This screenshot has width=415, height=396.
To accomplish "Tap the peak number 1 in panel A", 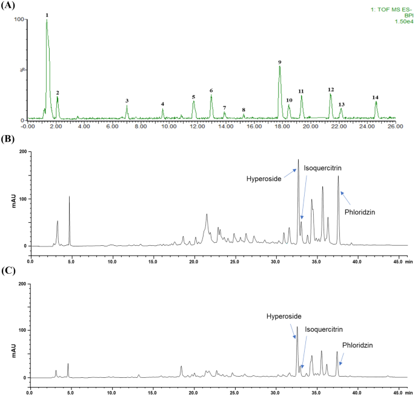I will tap(47, 15).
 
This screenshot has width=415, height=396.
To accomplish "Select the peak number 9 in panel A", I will tap(279, 62).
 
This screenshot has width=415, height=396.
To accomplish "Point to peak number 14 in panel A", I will tap(375, 97).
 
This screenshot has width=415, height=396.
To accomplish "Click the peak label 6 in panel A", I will tap(211, 91).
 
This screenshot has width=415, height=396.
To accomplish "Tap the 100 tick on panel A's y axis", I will tap(19, 19).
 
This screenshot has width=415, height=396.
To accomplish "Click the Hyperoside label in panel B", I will tap(263, 179).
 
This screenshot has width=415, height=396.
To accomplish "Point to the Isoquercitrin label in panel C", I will tap(324, 329).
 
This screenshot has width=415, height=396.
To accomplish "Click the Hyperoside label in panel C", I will tap(283, 316).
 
